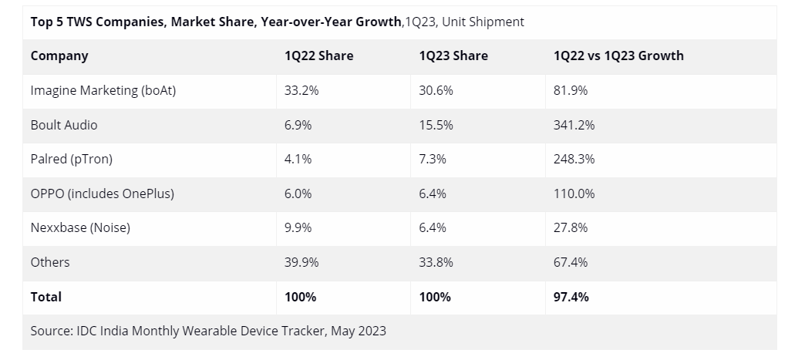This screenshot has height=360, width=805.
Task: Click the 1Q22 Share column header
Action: click(x=318, y=56)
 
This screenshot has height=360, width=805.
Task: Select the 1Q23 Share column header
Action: click(x=453, y=56)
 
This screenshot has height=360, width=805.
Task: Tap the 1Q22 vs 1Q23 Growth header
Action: click(x=618, y=56)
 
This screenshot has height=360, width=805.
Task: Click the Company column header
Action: click(x=59, y=56)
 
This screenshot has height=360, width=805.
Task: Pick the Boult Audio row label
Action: click(x=64, y=125)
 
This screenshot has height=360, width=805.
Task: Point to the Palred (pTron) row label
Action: click(x=72, y=159)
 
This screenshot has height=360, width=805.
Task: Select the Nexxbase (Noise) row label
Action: click(x=80, y=227)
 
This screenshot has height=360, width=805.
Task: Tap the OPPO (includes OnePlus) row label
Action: click(x=102, y=193)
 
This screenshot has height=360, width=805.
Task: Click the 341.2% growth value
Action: click(x=574, y=125)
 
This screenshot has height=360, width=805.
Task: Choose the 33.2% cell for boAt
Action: click(x=301, y=90)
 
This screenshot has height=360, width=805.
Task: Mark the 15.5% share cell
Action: click(x=436, y=125)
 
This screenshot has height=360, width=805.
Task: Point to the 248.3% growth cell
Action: click(x=574, y=159)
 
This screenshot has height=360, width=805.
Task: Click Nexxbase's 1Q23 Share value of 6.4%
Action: click(x=433, y=227)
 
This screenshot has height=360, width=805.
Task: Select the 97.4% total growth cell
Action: click(x=571, y=297)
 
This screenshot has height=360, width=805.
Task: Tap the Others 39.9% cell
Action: click(x=301, y=262)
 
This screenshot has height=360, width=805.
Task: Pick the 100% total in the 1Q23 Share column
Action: click(x=435, y=297)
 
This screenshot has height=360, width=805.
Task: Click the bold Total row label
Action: click(x=46, y=297)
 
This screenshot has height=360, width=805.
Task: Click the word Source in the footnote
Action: click(x=51, y=331)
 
